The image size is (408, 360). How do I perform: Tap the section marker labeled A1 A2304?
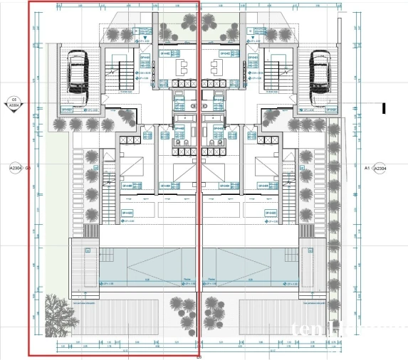375,169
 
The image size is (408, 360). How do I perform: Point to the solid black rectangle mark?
384,109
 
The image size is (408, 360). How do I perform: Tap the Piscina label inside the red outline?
187,279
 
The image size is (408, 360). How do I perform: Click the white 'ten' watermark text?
306,329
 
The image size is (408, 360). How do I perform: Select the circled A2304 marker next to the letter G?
15,169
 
